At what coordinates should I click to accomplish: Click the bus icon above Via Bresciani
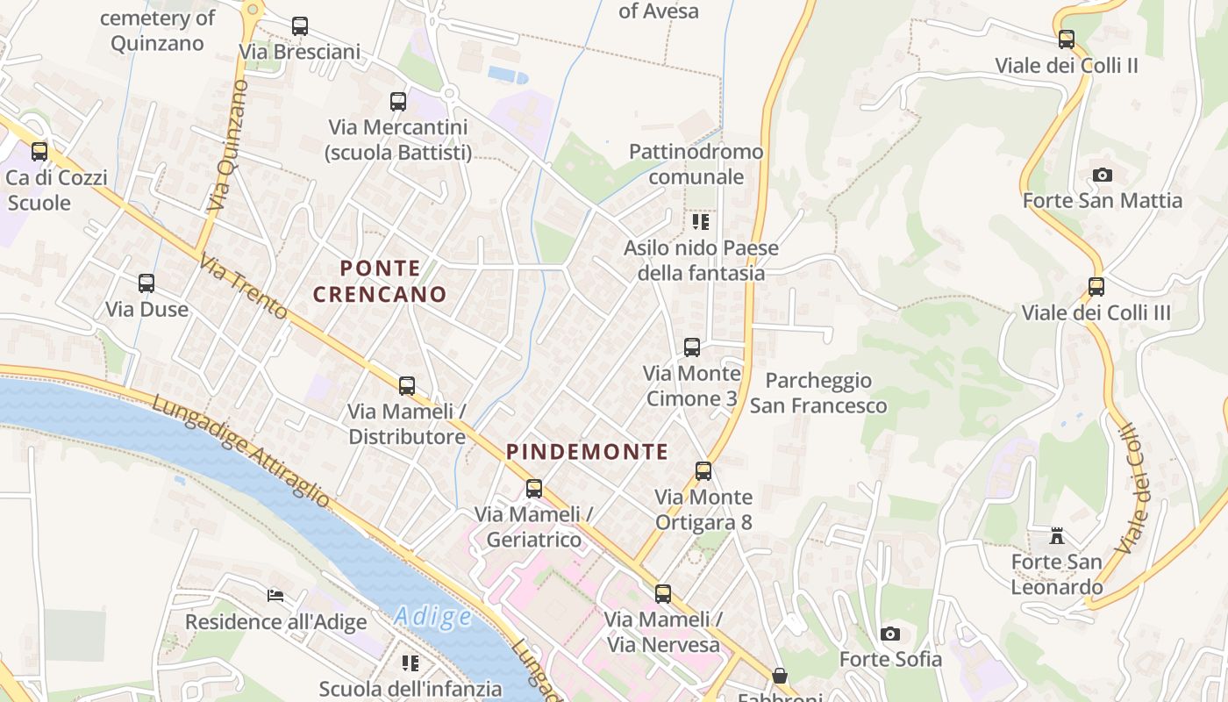coord(300,26)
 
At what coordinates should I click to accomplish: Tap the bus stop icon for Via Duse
coord(146,283)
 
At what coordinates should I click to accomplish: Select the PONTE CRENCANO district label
coord(380,281)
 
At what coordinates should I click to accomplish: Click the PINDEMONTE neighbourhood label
coord(587,452)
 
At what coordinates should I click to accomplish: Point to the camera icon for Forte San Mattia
coord(1103,175)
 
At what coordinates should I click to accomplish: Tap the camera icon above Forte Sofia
coord(890,634)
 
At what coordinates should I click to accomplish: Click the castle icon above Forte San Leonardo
coord(1057,535)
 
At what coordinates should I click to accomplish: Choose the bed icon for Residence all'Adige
coord(275,596)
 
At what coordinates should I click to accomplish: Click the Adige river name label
coord(432,616)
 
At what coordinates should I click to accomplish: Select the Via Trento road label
coord(243,287)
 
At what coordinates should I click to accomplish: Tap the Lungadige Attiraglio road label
coord(241,452)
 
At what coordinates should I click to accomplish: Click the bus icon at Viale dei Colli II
coord(1067,39)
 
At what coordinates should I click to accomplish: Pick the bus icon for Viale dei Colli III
coord(1096,287)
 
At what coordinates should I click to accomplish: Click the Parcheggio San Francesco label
coord(818,392)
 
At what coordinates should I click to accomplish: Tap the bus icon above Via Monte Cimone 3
coord(692,347)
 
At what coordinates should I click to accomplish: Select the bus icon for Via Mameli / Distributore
coord(407,385)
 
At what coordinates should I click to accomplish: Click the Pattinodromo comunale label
coord(696,164)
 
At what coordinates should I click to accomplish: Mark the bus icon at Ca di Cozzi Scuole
coord(39,152)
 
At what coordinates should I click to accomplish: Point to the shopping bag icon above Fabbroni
coord(779,676)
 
